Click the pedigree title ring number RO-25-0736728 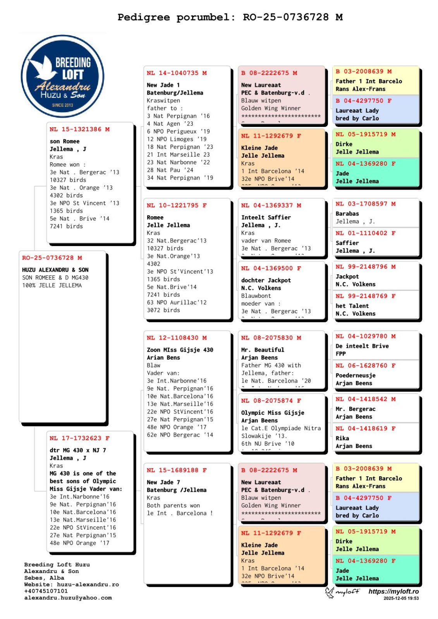coord(285,17)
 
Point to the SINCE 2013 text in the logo coord(62,105)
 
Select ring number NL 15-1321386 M coord(79,129)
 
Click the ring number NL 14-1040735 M coord(177,73)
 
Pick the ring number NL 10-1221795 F coord(177,205)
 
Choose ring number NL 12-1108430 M coord(177,338)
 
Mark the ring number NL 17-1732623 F coord(79,438)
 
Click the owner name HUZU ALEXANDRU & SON coord(55,270)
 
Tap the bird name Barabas coord(347,214)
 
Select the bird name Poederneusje coord(355,375)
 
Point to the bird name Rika coord(342,438)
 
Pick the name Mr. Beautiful coord(263,350)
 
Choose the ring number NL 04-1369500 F coord(271,268)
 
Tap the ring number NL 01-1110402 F coord(365,233)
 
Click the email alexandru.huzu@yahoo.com coord(68,598)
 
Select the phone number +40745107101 coord(46,591)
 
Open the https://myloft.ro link coord(393,591)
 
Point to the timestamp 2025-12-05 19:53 coord(401,598)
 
